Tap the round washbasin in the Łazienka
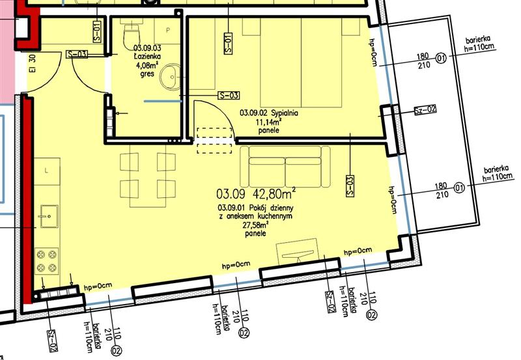[x=170, y=77]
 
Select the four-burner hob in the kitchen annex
[x=46, y=261]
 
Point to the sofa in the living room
[x=285, y=167]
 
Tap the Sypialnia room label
[x=285, y=113]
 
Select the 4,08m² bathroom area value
[x=147, y=64]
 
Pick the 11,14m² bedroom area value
[x=269, y=122]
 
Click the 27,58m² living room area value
[x=255, y=225]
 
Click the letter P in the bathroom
[x=168, y=30]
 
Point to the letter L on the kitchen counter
[x=46, y=171]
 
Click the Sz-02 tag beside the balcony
[x=425, y=109]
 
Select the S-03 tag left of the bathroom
[x=77, y=54]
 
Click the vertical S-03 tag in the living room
[x=350, y=186]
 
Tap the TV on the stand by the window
[x=298, y=255]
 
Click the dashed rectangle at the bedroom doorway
[x=214, y=141]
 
